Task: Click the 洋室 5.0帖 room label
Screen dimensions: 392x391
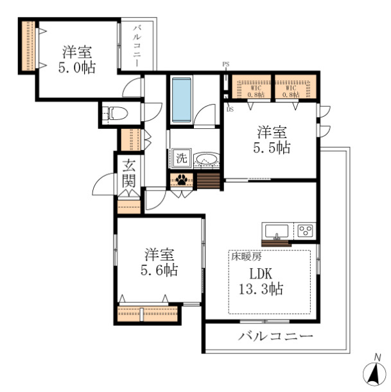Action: [x=79, y=58]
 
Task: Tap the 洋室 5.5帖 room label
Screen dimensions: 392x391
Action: [x=272, y=139]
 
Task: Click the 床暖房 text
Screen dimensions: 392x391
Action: [x=245, y=256]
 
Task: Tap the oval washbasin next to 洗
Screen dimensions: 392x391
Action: [x=206, y=158]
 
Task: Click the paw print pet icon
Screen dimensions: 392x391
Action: [x=182, y=180]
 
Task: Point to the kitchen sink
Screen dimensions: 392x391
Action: [x=277, y=230]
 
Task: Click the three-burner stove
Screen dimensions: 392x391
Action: [x=304, y=230]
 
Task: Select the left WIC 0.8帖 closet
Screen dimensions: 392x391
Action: [x=252, y=88]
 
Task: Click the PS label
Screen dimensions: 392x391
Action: [x=225, y=64]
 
